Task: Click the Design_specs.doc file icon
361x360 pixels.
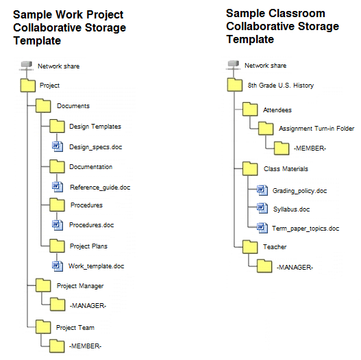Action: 58,146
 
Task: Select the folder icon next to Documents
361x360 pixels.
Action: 43,106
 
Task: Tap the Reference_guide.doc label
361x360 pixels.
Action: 100,188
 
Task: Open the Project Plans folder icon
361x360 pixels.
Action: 57,246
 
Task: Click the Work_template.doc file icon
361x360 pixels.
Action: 58,266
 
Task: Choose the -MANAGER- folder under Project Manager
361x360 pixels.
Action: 58,305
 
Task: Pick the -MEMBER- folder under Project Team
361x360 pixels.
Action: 57,346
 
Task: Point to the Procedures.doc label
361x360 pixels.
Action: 91,225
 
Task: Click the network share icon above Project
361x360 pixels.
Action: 26,65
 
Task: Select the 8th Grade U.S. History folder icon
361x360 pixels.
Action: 234,85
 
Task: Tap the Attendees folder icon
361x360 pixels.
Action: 250,110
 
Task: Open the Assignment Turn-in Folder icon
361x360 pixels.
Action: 266,129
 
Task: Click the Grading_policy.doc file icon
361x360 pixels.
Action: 262,190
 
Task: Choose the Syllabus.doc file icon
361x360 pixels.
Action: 262,208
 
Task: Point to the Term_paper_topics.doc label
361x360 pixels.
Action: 306,229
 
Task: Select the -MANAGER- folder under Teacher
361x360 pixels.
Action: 264,266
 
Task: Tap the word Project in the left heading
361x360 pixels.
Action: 105,15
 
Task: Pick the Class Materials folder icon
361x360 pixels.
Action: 250,168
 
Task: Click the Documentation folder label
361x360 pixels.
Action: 91,167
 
